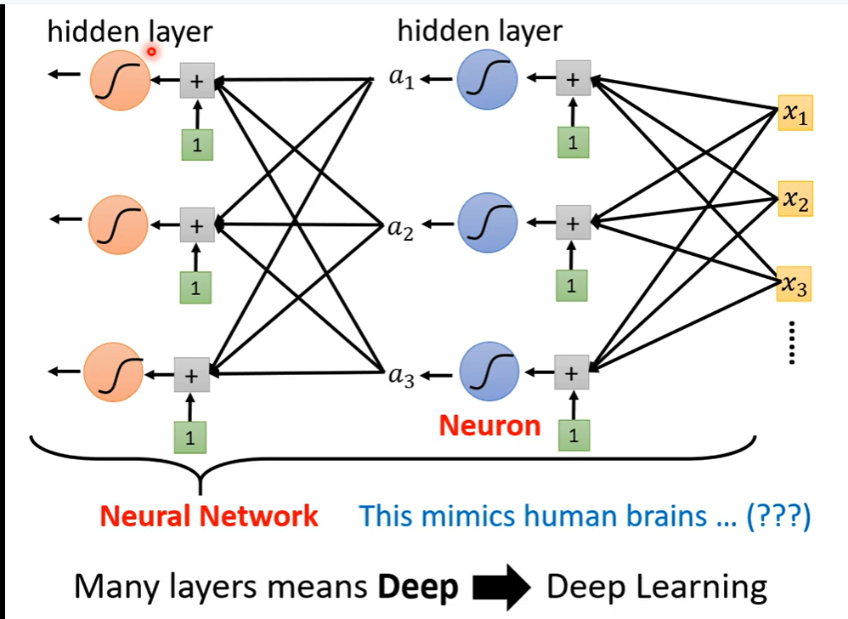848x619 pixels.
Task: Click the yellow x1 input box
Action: click(x=794, y=115)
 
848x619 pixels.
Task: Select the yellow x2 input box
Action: click(x=795, y=200)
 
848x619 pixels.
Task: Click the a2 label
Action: click(x=400, y=228)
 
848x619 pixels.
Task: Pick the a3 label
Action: click(x=400, y=376)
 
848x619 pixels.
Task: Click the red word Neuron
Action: click(x=489, y=425)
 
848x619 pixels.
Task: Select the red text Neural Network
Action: click(x=209, y=515)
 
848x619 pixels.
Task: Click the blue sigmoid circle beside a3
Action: click(x=489, y=373)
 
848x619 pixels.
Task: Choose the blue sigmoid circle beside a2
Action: click(x=487, y=224)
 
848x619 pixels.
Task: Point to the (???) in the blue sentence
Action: click(x=778, y=516)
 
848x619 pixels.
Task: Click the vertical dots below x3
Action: click(x=792, y=343)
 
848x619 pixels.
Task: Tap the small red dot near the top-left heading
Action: click(x=152, y=53)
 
